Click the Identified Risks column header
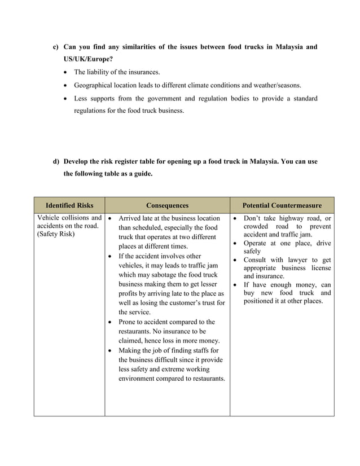(69, 205)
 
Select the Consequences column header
(167, 205)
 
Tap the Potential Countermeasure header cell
(282, 205)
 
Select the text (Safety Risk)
(55, 234)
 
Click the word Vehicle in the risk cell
(49, 218)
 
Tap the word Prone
(128, 322)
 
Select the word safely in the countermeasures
(252, 251)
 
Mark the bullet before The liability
(68, 72)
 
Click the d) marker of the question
(56, 161)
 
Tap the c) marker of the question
(56, 47)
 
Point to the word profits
(129, 293)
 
